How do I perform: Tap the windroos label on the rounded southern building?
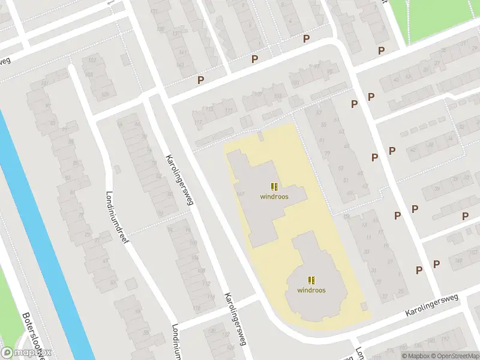coord(311,290)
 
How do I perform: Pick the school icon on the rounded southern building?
coord(311,280)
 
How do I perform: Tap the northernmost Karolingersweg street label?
coord(179,180)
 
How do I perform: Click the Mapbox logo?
coord(26,353)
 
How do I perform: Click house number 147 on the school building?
coord(241,193)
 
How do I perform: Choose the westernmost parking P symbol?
coord(201,80)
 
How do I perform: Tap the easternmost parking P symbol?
coord(465,216)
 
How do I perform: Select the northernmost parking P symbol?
coord(306,39)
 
